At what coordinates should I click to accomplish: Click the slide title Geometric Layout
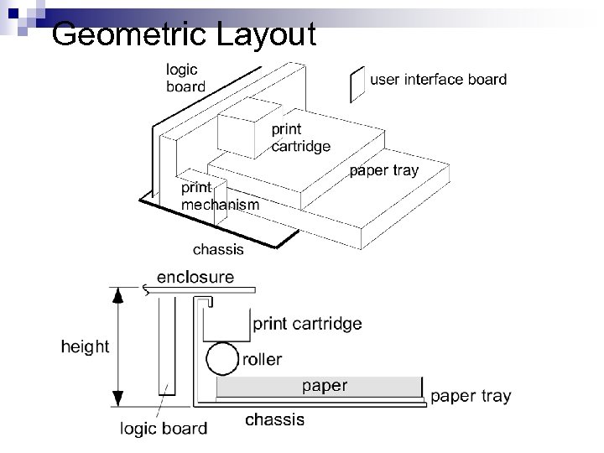point(183,35)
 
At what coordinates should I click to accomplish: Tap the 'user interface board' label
point(438,81)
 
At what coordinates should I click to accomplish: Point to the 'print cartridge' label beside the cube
point(300,138)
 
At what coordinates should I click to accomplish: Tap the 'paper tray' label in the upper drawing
point(383,171)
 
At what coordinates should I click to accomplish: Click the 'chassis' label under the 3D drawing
point(218,248)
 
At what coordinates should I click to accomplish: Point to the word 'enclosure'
point(195,277)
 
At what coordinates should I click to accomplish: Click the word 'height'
point(84,346)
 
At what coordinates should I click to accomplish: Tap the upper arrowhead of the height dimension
point(119,294)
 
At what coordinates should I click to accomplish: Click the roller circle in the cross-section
point(221,360)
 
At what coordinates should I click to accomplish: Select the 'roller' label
point(262,360)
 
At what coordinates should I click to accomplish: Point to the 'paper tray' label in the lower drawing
point(471,396)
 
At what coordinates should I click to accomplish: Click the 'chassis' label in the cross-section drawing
point(275,419)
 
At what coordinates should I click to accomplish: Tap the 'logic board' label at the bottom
point(162,429)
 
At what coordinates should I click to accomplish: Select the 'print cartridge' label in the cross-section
point(307,323)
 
